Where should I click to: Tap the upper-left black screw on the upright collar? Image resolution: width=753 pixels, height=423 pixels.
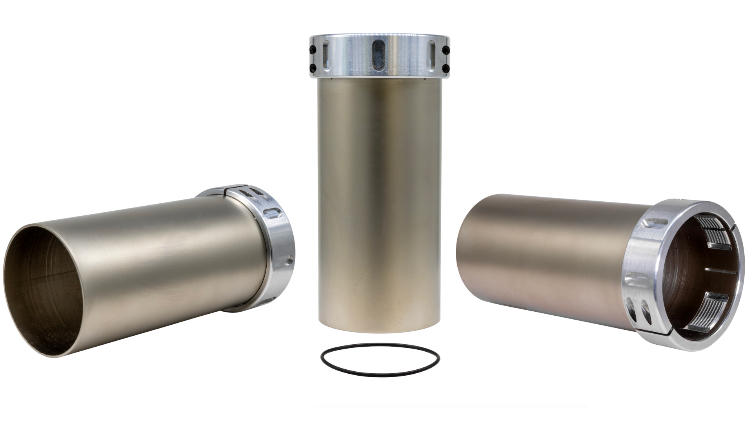(x=313, y=50)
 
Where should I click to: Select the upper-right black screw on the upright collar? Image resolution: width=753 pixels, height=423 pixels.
(x=446, y=50)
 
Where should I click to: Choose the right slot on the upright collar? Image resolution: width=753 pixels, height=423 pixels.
(x=432, y=55)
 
